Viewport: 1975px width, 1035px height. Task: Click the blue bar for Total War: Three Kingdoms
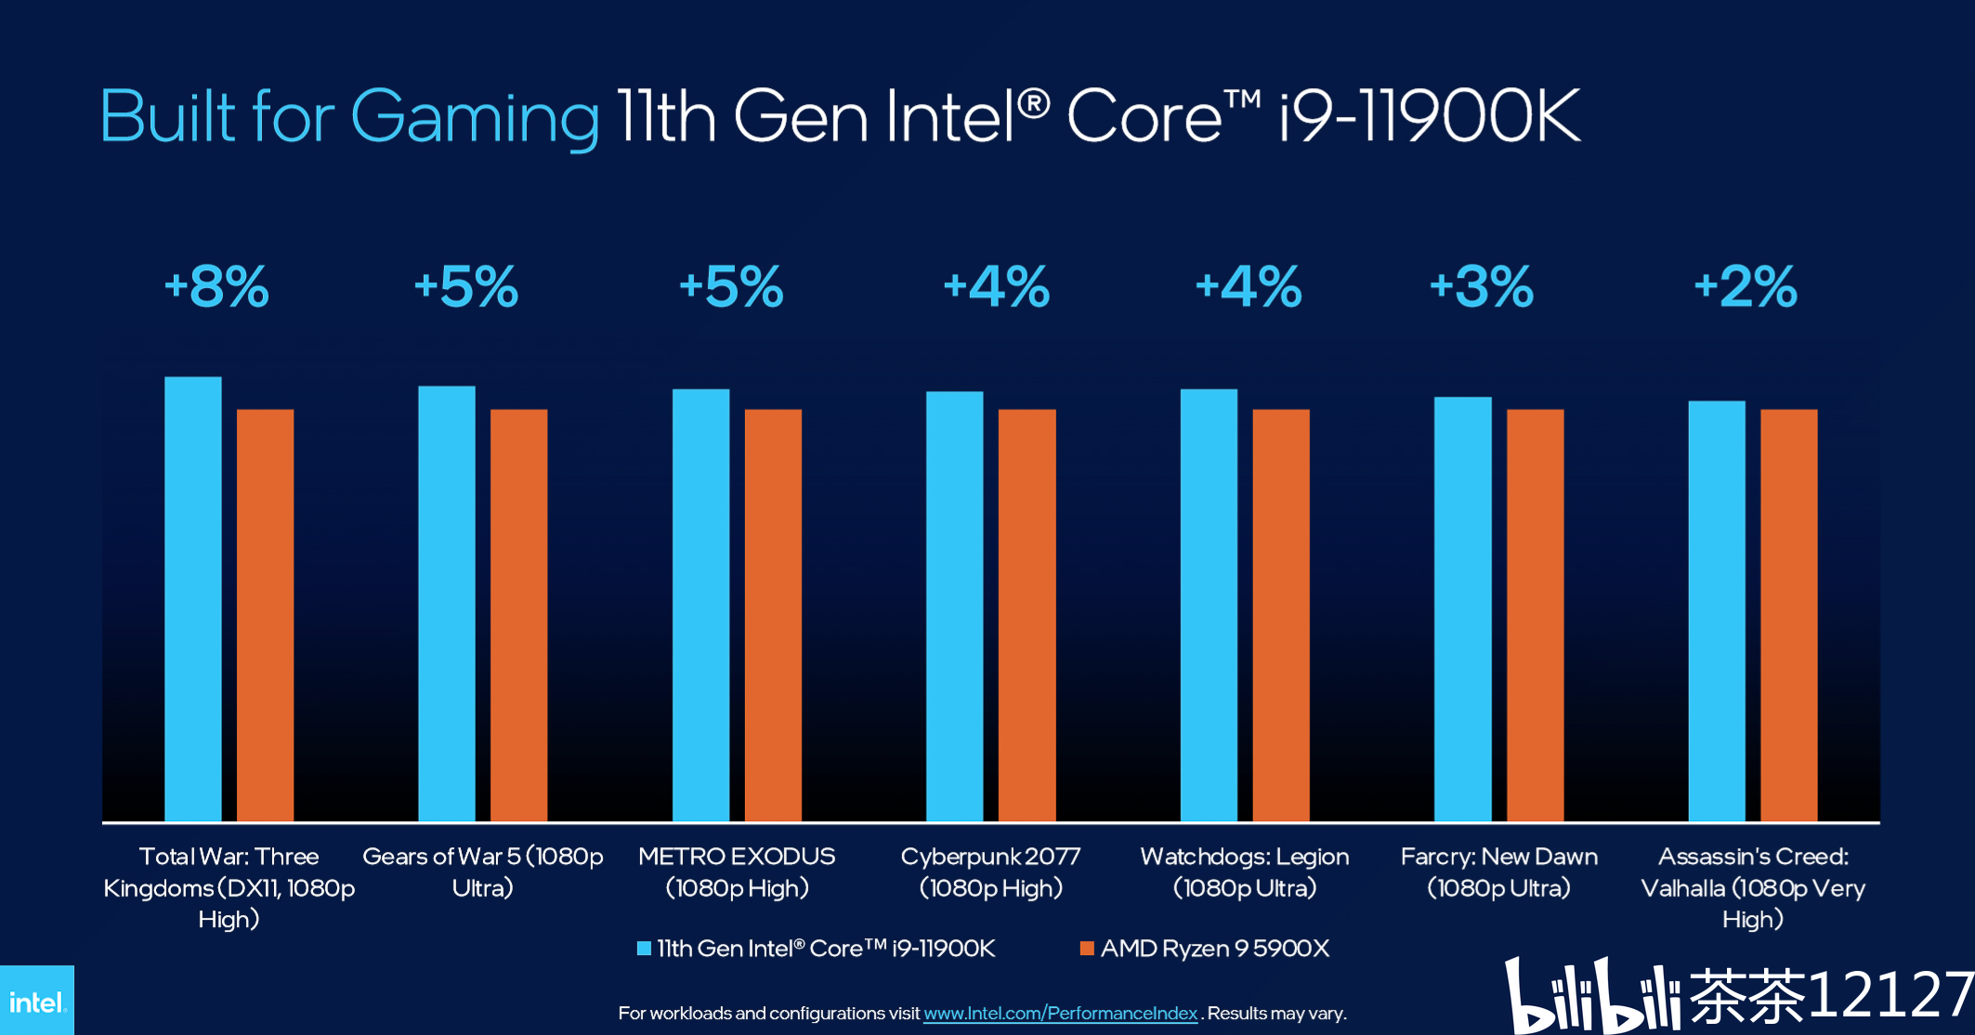pyautogui.click(x=193, y=599)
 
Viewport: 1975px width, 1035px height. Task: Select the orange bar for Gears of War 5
pyautogui.click(x=518, y=615)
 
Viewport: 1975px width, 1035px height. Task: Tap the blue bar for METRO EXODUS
pyautogui.click(x=700, y=605)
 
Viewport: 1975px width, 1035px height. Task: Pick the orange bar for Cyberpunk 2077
pyautogui.click(x=1027, y=615)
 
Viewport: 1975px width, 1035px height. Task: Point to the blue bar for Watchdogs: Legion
pyautogui.click(x=1209, y=605)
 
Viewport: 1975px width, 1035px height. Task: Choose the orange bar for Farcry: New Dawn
pyautogui.click(x=1535, y=615)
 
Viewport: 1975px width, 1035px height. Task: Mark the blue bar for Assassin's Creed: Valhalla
pyautogui.click(x=1717, y=611)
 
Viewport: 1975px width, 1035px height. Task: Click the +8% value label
pyautogui.click(x=216, y=286)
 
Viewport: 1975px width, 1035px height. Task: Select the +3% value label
pyautogui.click(x=1481, y=286)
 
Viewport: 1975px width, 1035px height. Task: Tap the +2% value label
pyautogui.click(x=1746, y=286)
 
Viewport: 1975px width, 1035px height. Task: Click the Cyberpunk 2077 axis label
pyautogui.click(x=990, y=871)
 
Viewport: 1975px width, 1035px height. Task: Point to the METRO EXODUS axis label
pyautogui.click(x=737, y=871)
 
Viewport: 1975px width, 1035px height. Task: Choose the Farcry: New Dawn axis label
pyautogui.click(x=1498, y=871)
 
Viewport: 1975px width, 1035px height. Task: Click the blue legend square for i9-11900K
pyautogui.click(x=644, y=949)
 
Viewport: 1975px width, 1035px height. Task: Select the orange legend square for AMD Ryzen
pyautogui.click(x=1087, y=949)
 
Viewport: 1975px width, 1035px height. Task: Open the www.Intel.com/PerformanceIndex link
pyautogui.click(x=1060, y=1014)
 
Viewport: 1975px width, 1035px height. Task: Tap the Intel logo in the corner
pyautogui.click(x=36, y=1002)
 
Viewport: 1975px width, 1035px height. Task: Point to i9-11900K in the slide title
pyautogui.click(x=1429, y=116)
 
